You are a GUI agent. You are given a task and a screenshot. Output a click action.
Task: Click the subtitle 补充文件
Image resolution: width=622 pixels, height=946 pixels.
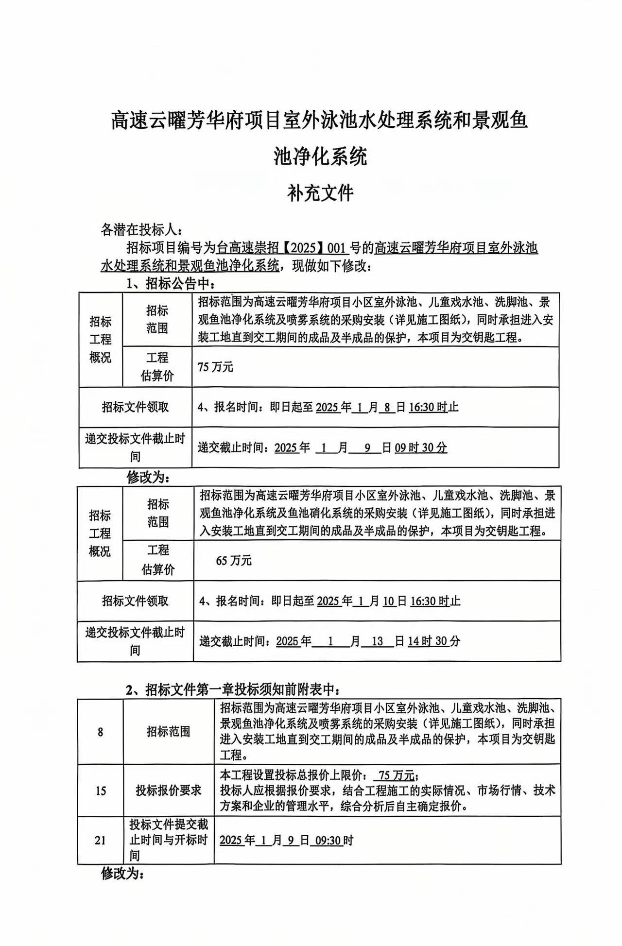(320, 193)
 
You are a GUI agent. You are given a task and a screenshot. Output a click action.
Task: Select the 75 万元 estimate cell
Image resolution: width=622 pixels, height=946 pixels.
(216, 367)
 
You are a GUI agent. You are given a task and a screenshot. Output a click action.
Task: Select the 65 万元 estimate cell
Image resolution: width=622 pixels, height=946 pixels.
(234, 560)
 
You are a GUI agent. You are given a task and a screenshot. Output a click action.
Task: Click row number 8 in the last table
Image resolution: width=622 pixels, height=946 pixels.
(100, 732)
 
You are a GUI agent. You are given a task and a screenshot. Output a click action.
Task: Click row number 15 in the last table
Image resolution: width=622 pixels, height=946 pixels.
(100, 791)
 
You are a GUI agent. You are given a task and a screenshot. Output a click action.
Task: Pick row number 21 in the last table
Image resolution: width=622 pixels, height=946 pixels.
(100, 840)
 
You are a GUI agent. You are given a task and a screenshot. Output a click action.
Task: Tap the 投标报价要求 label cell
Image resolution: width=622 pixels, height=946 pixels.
(168, 791)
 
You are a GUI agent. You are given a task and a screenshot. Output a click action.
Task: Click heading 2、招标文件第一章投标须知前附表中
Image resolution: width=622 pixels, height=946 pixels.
(233, 689)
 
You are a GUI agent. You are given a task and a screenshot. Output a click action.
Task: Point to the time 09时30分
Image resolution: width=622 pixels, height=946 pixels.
(421, 447)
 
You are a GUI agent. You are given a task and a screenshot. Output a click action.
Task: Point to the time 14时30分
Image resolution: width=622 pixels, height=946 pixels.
(433, 641)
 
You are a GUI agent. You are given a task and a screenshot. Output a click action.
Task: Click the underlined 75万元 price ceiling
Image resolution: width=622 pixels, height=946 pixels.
(397, 774)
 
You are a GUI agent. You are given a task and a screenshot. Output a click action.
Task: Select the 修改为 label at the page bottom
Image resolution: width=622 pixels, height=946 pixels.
(122, 874)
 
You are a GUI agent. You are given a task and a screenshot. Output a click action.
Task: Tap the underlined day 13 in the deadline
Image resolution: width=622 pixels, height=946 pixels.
(377, 641)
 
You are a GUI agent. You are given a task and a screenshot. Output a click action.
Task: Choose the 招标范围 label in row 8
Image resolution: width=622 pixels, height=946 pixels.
(168, 732)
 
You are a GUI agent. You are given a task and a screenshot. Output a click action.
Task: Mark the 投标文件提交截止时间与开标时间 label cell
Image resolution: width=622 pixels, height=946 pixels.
(168, 840)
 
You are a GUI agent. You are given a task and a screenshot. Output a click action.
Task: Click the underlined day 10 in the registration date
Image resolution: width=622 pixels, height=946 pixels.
(388, 601)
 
